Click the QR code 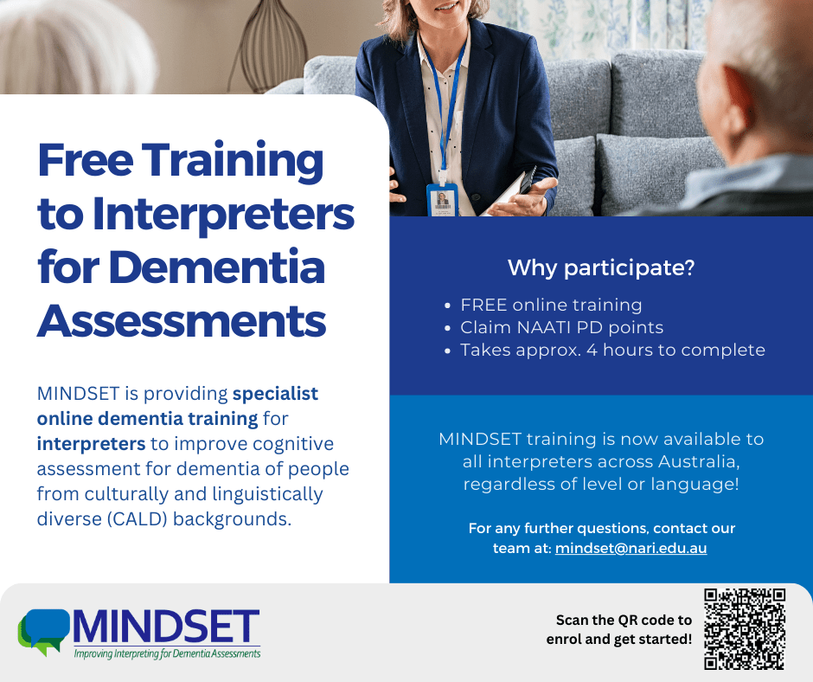[x=745, y=629]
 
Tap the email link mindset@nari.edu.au [x=631, y=548]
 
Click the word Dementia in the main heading [x=217, y=267]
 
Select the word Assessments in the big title [x=182, y=321]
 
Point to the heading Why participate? [x=601, y=267]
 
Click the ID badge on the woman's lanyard [x=442, y=199]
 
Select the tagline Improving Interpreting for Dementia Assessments [x=167, y=653]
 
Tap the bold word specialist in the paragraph [x=275, y=394]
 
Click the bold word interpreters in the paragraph [x=92, y=444]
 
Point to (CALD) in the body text [x=138, y=519]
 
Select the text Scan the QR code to [x=624, y=621]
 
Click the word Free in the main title [x=86, y=160]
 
